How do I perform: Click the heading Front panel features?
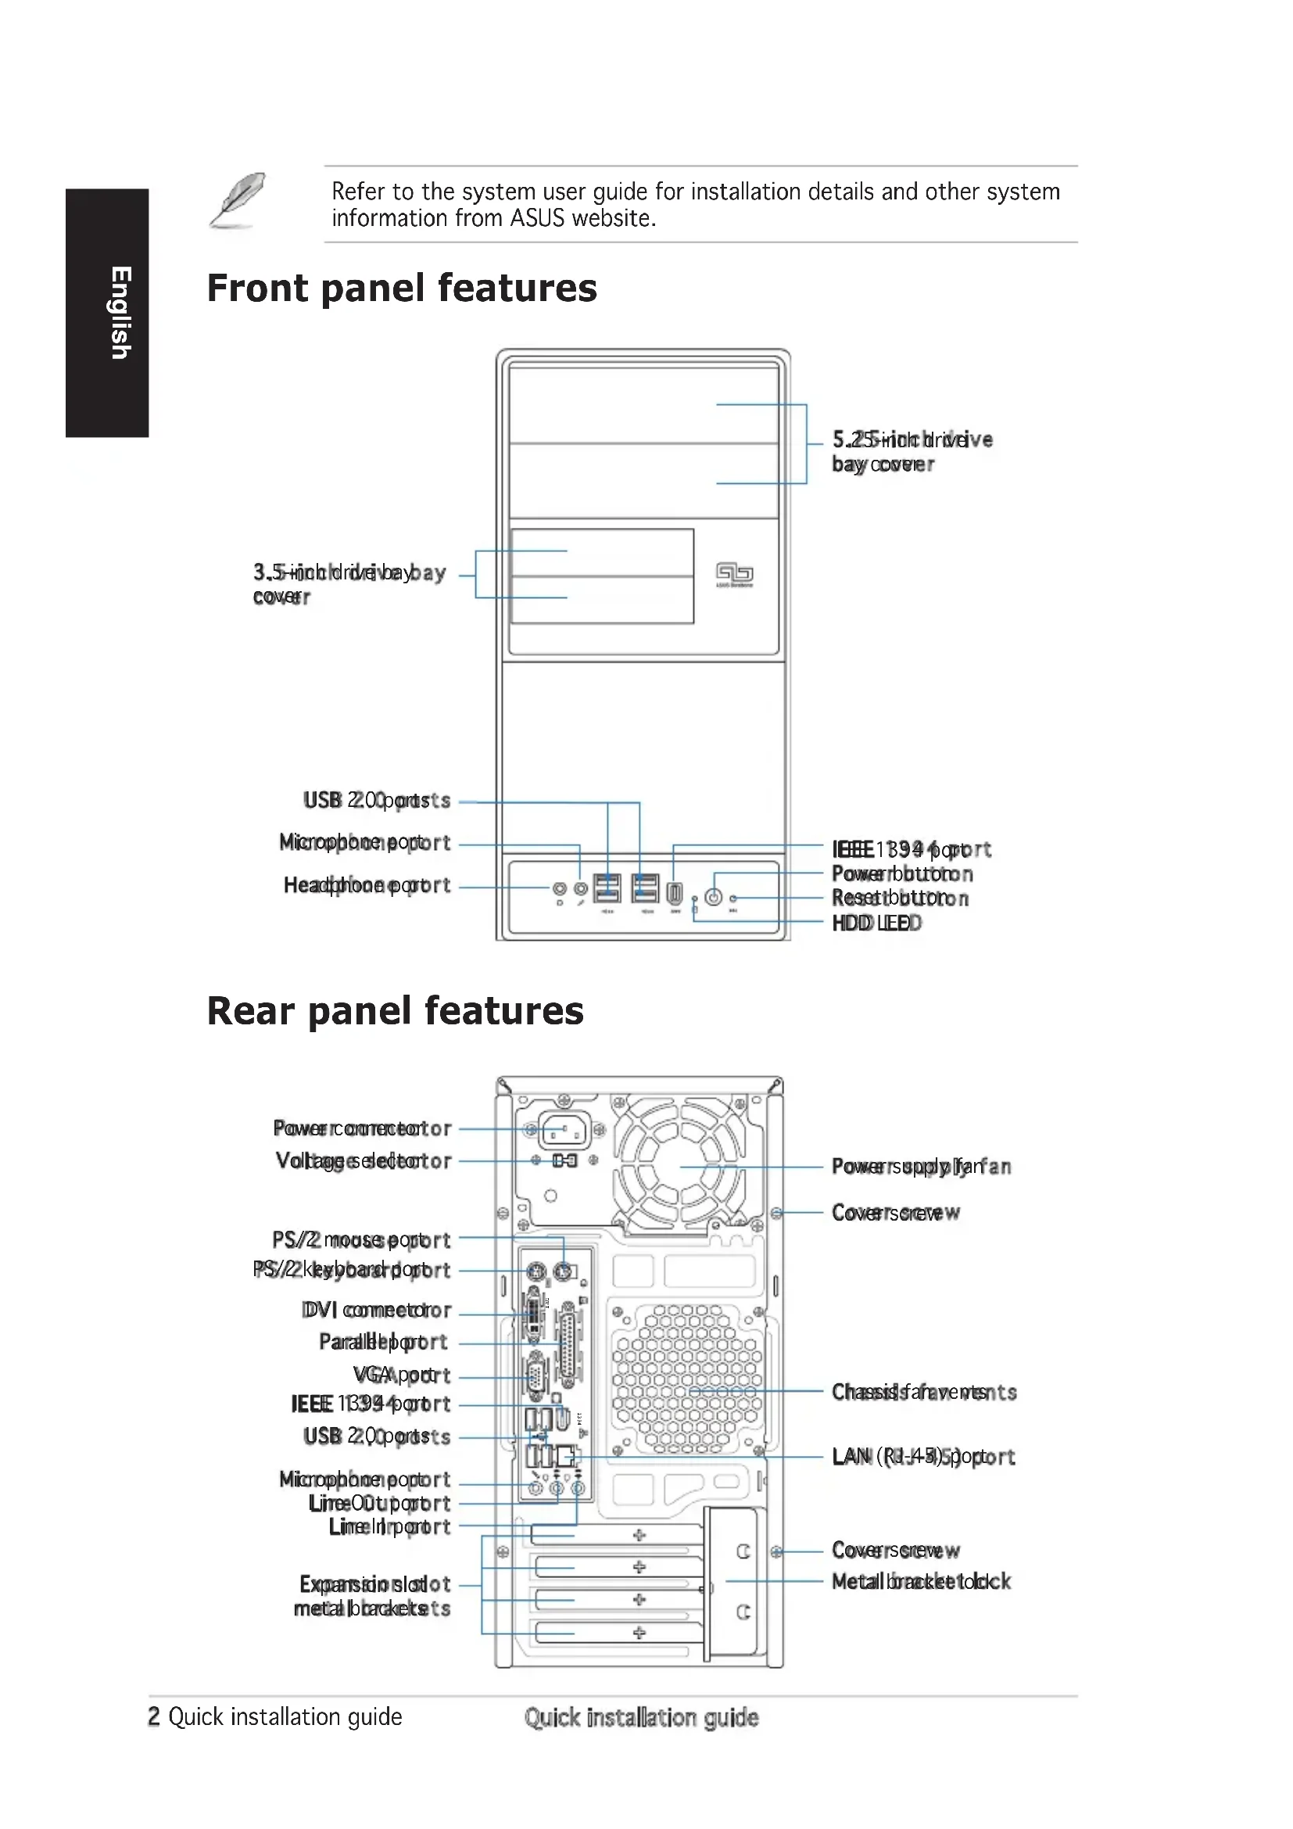coord(401,289)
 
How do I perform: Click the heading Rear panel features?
coord(395,1011)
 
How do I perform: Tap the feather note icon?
coord(238,201)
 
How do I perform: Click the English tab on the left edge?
coord(106,312)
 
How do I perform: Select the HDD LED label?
coord(876,923)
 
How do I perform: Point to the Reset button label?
coord(900,898)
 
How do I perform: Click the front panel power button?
coord(715,897)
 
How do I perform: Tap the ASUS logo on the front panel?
coord(734,573)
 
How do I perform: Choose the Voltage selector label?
coord(363,1160)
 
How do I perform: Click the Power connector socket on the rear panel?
coord(564,1130)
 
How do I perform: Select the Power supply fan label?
coord(920,1166)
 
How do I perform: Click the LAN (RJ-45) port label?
coord(922,1457)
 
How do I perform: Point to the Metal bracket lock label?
coord(920,1581)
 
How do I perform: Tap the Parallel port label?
coord(383,1342)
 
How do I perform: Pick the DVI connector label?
coord(376,1310)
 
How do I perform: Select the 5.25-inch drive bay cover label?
coord(911,451)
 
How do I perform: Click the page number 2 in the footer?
coord(154,1716)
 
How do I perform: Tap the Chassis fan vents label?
coord(923,1392)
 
